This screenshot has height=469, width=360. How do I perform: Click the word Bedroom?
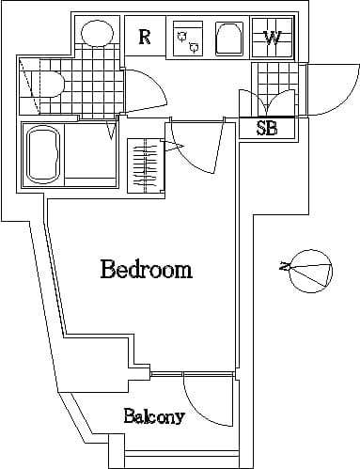(146, 271)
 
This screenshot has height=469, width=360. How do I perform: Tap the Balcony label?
(153, 416)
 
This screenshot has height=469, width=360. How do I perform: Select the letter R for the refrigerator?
(145, 37)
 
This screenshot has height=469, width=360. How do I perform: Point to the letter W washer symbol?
(273, 39)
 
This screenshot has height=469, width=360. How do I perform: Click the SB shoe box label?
(267, 129)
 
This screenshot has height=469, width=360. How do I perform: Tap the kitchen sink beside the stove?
(228, 39)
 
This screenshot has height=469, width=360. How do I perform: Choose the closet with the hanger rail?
(146, 165)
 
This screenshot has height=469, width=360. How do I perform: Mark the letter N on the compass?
(283, 268)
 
